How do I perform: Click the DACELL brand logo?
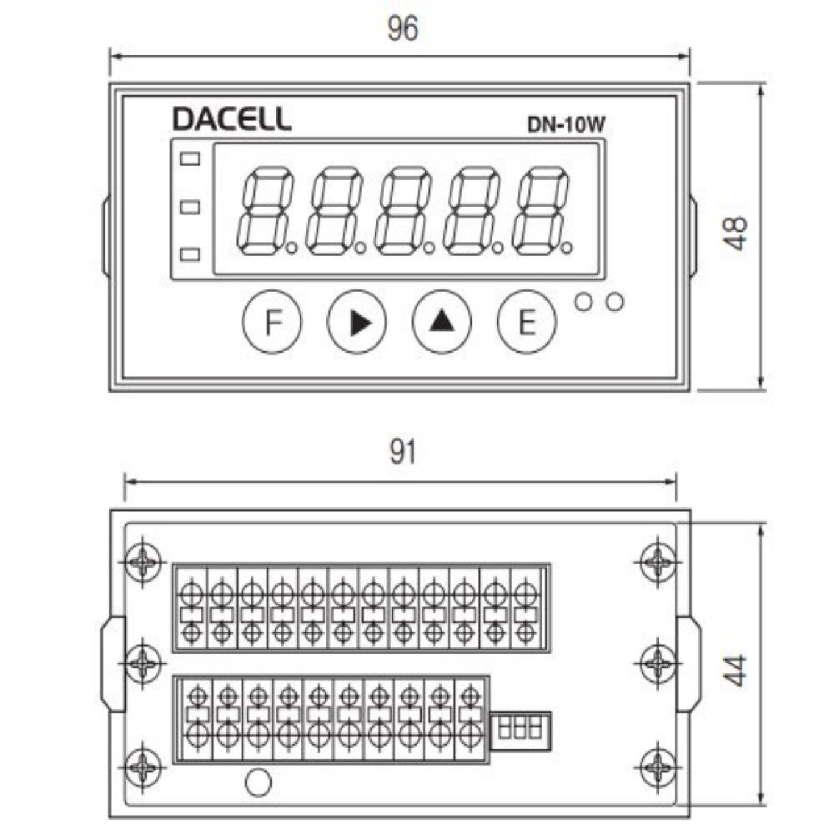pos(232,118)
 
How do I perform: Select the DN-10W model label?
pos(565,125)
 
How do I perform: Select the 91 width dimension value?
pos(402,453)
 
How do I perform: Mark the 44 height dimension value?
pos(736,670)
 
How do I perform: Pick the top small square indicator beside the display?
pos(191,158)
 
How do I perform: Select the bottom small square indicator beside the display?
pos(191,254)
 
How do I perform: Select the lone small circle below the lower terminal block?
pos(259,782)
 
